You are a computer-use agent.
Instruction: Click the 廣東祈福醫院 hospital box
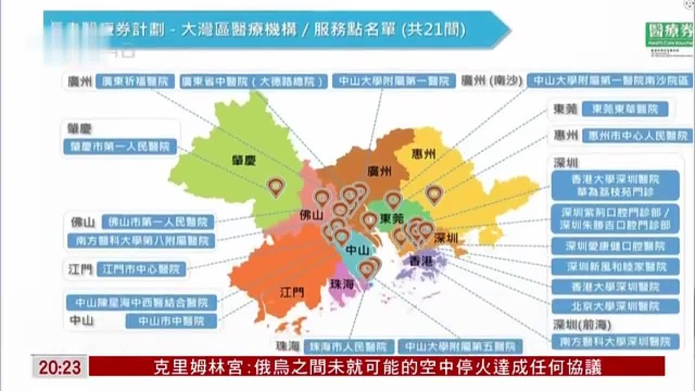click(135, 81)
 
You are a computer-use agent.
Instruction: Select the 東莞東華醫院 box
click(624, 109)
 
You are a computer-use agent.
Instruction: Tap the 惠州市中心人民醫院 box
click(637, 136)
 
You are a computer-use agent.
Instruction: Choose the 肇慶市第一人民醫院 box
click(120, 147)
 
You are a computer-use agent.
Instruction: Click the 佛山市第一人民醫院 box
click(158, 222)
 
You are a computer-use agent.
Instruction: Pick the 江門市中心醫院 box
click(141, 269)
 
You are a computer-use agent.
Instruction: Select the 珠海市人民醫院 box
click(349, 346)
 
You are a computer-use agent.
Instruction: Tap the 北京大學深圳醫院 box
click(615, 306)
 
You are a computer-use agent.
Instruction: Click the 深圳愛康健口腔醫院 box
click(615, 246)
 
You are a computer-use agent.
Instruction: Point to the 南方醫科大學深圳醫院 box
click(615, 342)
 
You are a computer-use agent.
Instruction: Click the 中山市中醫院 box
click(171, 321)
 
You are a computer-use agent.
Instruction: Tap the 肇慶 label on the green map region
click(242, 160)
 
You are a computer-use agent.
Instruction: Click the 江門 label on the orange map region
click(292, 292)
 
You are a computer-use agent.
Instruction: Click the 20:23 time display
click(59, 368)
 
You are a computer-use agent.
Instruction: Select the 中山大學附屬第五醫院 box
click(460, 346)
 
